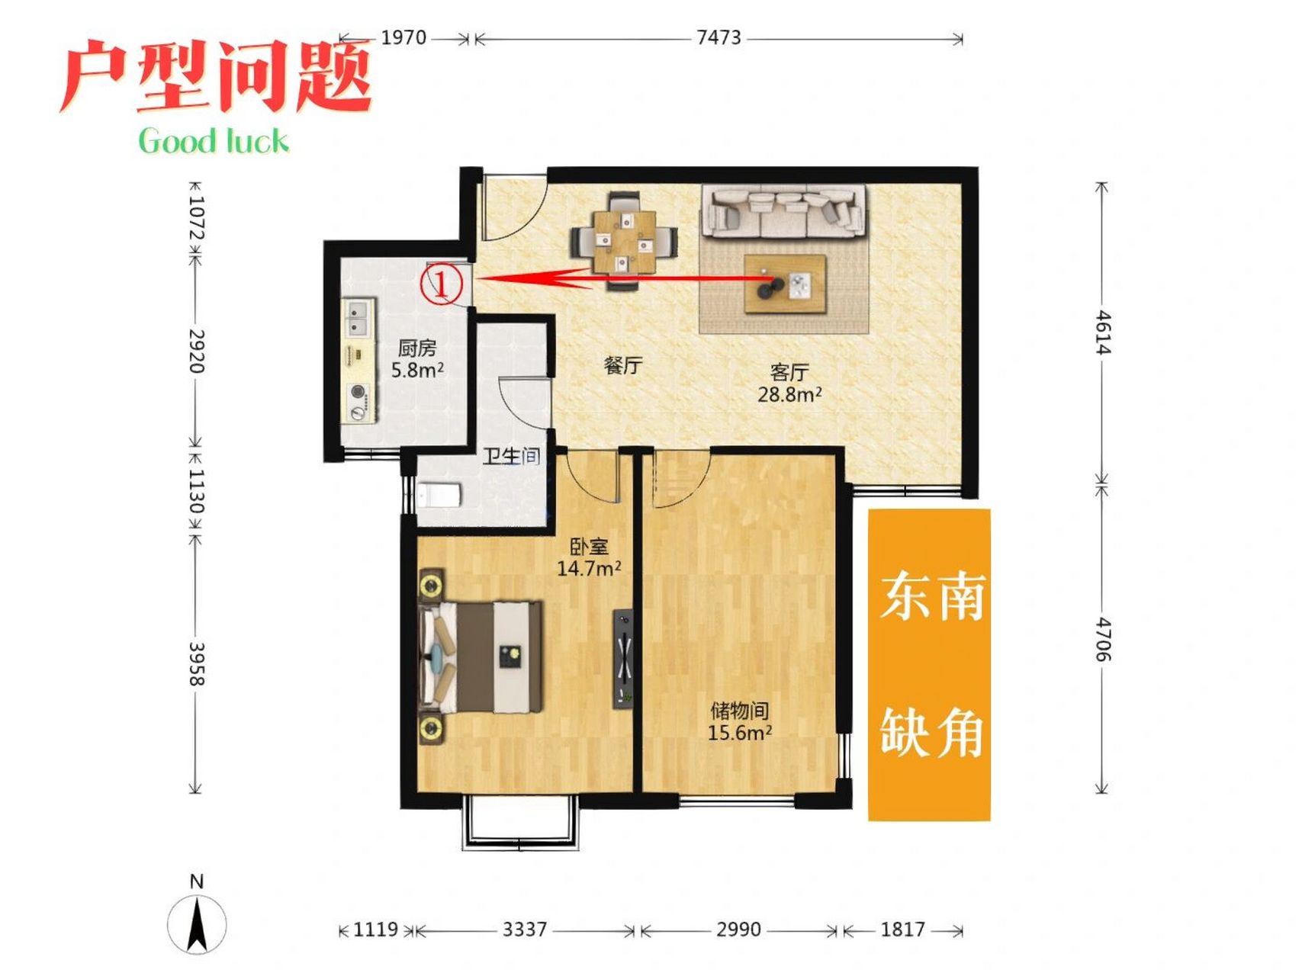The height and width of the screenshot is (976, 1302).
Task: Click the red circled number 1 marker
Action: click(442, 284)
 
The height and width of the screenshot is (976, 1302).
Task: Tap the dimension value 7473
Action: click(719, 37)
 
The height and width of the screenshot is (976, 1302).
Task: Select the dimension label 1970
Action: click(403, 37)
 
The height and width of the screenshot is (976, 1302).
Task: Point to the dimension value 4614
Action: click(1103, 332)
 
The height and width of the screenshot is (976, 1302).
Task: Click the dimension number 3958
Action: click(196, 663)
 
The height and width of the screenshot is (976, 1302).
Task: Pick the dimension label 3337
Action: click(525, 929)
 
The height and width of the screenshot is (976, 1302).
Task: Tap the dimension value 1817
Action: click(902, 929)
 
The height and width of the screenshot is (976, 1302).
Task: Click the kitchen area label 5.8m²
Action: click(417, 371)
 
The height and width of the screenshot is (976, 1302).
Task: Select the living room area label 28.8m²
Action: click(789, 394)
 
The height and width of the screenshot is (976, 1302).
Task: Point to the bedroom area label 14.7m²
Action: click(588, 568)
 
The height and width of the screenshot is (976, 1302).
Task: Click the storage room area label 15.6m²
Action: click(739, 733)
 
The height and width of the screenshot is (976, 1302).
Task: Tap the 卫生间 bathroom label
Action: click(511, 456)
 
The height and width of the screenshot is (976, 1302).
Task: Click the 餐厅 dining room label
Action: click(622, 365)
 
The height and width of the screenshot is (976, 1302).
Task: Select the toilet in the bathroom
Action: click(439, 496)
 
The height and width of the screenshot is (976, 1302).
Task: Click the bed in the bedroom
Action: click(481, 657)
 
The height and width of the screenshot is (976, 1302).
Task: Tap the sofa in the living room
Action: click(784, 210)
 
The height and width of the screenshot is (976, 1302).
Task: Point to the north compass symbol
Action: click(197, 923)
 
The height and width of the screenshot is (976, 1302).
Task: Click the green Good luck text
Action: click(214, 141)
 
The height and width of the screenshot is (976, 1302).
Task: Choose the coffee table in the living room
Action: click(786, 284)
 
